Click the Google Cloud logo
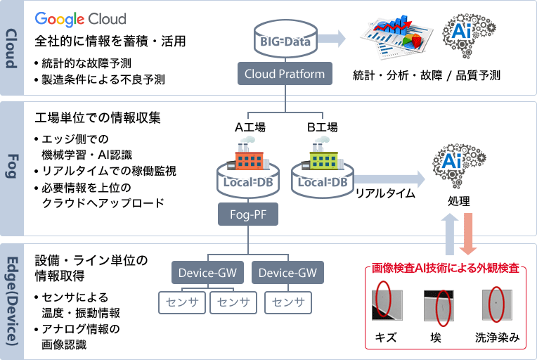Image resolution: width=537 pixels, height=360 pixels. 80,19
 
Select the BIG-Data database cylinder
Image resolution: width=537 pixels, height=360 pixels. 284,41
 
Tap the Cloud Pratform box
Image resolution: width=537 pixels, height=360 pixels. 284,73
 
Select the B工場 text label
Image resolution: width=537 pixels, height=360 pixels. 323,127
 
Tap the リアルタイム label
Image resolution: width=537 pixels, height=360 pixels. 385,193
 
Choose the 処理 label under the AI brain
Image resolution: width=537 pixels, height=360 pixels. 458,201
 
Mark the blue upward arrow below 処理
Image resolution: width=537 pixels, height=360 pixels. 448,236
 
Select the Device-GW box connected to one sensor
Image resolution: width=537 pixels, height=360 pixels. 283,272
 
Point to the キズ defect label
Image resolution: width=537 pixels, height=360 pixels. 385,337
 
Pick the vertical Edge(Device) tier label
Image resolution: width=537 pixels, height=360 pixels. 11,300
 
